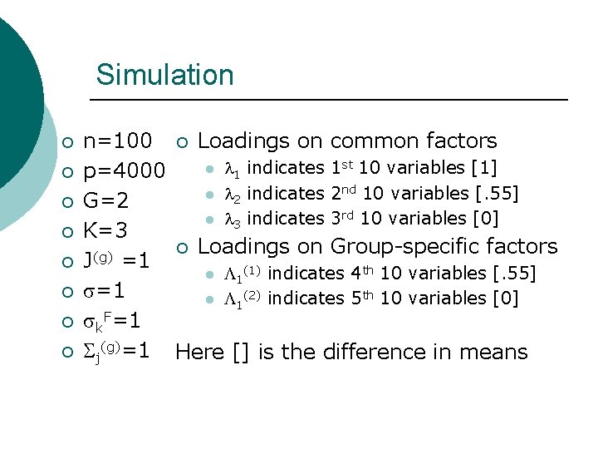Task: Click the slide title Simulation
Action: [164, 75]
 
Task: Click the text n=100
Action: [118, 141]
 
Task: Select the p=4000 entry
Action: [125, 172]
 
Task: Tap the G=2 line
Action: [105, 202]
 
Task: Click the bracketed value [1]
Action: [483, 168]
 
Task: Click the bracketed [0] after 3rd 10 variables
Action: [485, 219]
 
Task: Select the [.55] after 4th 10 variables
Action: [514, 273]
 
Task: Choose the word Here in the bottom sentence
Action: [199, 352]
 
